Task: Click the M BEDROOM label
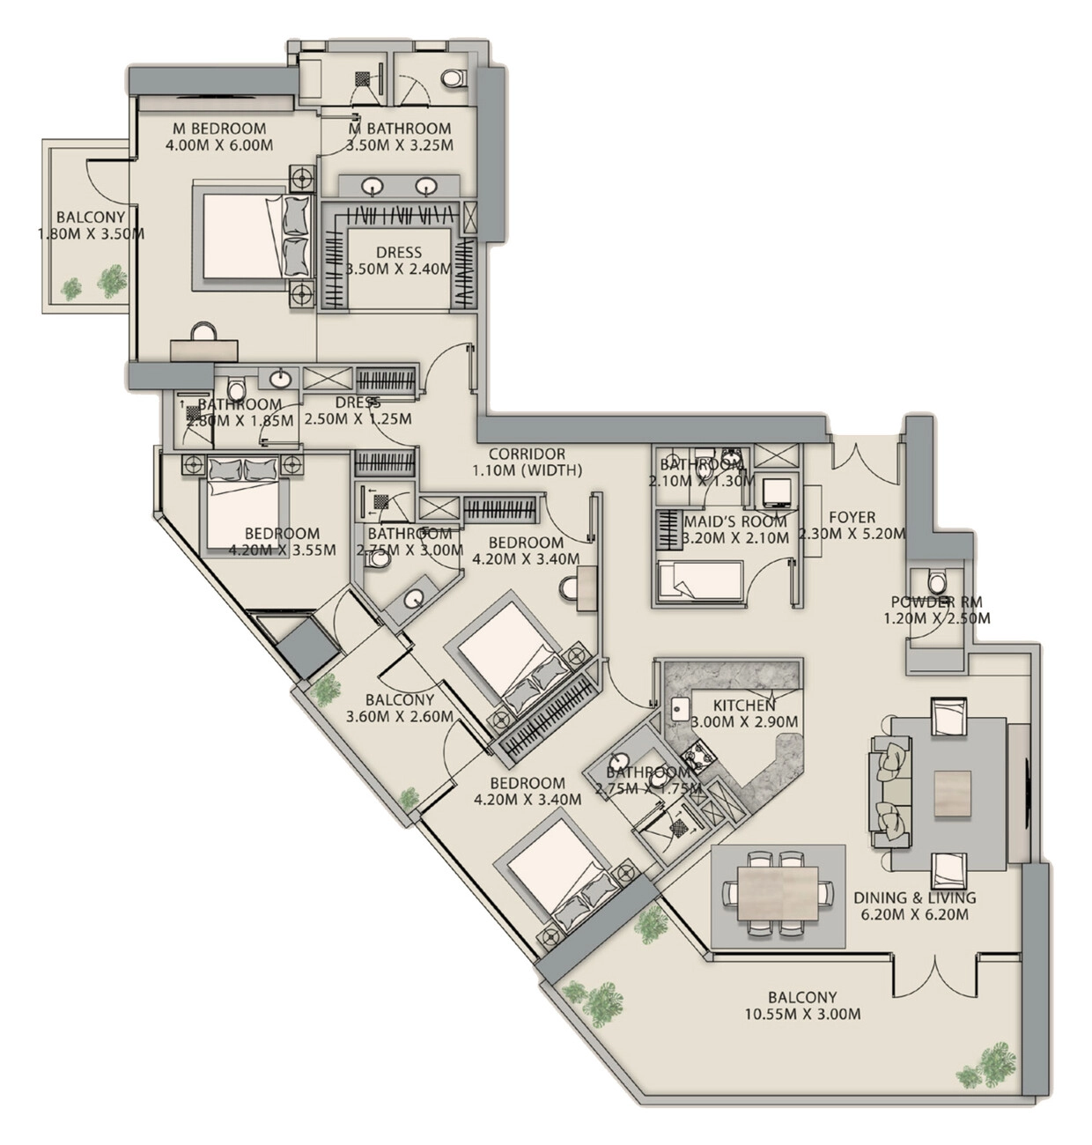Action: click(x=219, y=128)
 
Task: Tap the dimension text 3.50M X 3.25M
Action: click(x=400, y=145)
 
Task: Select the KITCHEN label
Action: click(x=744, y=705)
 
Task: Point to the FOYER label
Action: click(x=852, y=517)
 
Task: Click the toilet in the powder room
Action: click(x=937, y=581)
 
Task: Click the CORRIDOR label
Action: click(x=527, y=454)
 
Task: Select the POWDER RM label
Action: click(x=936, y=602)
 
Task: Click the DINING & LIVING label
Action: click(x=915, y=898)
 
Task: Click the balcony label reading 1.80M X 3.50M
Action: click(x=91, y=234)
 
